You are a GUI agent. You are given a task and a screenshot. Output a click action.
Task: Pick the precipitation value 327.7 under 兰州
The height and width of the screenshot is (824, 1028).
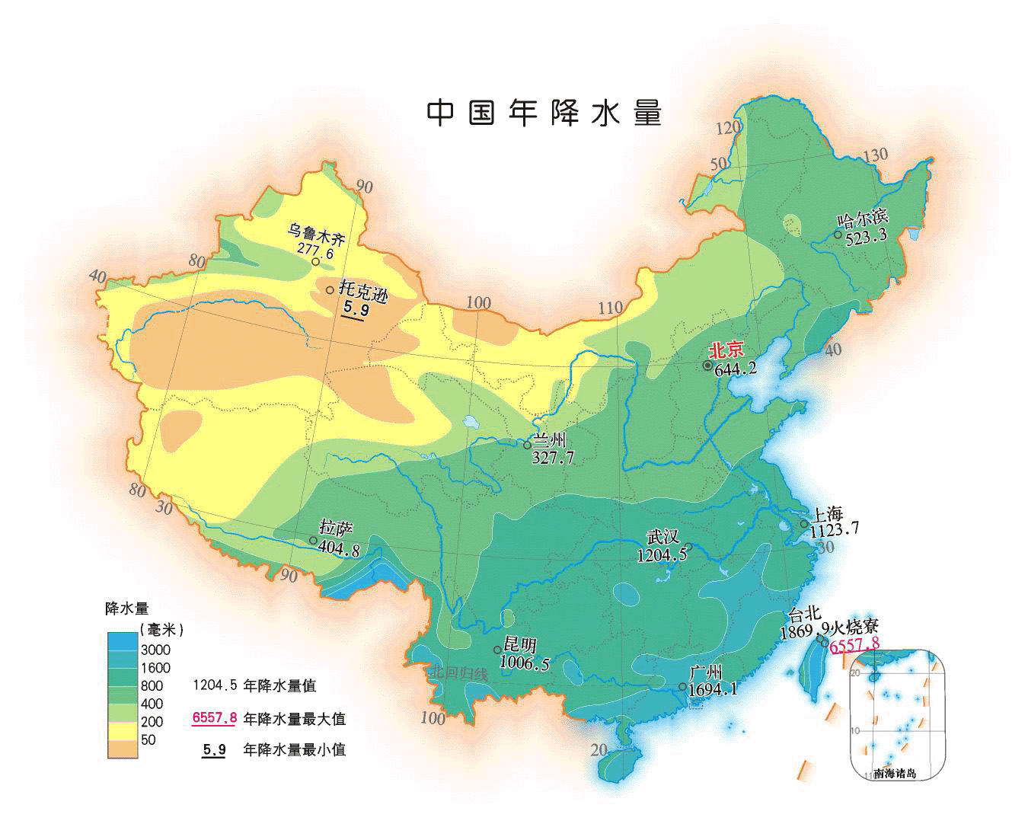click(554, 457)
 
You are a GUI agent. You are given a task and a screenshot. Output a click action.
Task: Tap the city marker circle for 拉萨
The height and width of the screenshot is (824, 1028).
click(313, 541)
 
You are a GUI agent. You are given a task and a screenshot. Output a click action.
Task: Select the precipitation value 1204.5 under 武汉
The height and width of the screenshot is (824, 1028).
click(662, 555)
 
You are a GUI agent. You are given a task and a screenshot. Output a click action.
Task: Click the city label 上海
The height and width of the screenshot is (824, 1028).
click(828, 514)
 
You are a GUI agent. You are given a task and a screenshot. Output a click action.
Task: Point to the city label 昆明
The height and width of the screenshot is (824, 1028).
click(521, 646)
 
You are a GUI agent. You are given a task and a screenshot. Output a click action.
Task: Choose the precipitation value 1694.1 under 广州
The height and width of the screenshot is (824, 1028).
click(712, 690)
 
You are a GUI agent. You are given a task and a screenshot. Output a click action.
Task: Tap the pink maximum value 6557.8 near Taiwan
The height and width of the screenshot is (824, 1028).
click(854, 645)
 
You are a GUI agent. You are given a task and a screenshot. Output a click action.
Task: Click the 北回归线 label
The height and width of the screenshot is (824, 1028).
click(458, 672)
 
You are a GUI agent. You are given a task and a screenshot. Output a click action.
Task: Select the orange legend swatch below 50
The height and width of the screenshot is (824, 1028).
click(121, 749)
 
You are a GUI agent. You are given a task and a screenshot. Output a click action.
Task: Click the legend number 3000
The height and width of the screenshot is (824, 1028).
click(155, 650)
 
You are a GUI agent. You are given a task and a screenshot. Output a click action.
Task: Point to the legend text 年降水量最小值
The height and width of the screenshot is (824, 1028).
click(294, 749)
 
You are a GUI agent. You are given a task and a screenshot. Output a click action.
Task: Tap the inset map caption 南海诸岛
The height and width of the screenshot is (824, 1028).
click(896, 774)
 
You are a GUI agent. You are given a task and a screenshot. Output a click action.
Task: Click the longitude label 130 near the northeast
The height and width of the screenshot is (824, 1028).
click(875, 155)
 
